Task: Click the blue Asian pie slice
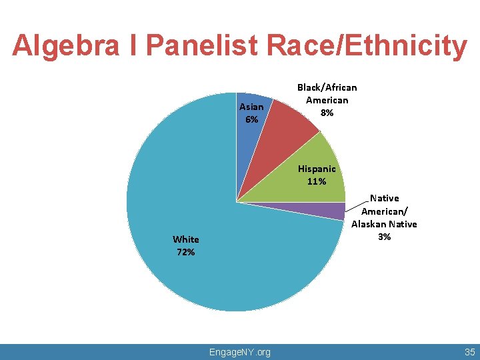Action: [247, 133]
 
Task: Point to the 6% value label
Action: [251, 119]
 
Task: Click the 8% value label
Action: [327, 113]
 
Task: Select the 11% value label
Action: [317, 181]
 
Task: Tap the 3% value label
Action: [384, 237]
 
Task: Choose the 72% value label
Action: [185, 252]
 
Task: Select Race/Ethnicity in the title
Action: [367, 45]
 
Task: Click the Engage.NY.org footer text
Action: [240, 352]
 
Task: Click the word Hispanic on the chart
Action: [317, 169]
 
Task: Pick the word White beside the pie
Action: [185, 239]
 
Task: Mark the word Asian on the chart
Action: [251, 107]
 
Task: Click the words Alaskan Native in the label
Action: [384, 224]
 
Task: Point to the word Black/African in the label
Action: [327, 87]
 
